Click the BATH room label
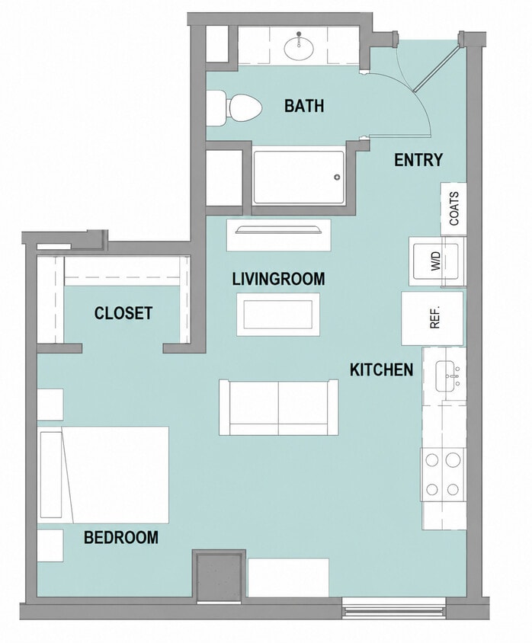[304, 106]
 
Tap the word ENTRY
[418, 160]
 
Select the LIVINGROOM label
[278, 279]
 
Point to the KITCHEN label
[381, 369]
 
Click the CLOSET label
[123, 313]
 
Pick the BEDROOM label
[121, 537]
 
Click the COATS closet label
[454, 209]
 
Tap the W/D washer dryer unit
[436, 261]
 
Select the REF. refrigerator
[432, 318]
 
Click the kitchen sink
[448, 376]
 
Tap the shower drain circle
[337, 178]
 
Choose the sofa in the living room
[278, 407]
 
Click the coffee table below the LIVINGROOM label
[278, 315]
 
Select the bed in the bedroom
[104, 475]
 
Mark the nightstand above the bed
[50, 405]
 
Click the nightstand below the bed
[50, 545]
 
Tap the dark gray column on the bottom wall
[220, 577]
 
